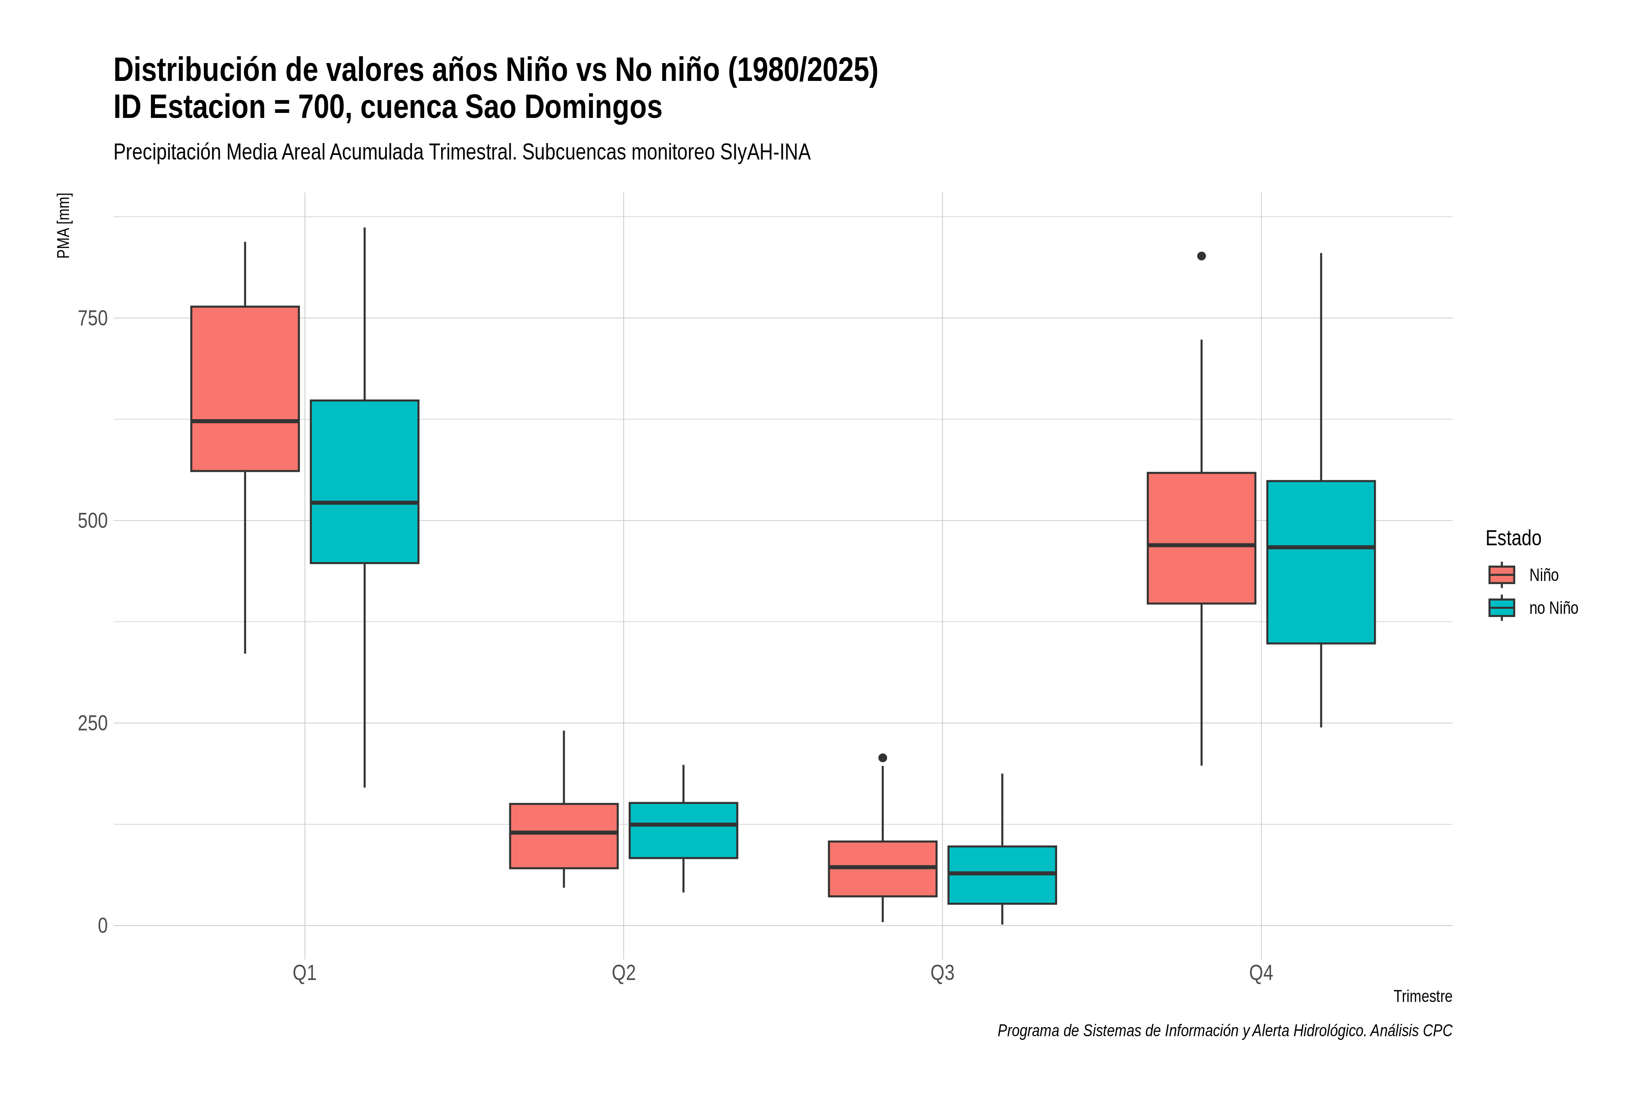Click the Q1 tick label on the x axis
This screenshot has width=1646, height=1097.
305,973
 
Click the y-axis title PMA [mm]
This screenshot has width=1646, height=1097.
64,225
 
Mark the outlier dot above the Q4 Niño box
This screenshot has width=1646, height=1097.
1201,256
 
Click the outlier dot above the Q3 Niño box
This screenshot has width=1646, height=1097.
882,758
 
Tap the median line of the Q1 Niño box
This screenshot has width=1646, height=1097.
245,421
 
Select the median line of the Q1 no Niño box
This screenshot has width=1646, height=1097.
364,502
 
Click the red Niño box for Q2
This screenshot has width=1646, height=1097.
564,836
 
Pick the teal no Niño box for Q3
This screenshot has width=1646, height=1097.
1002,875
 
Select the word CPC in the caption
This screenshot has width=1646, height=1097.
1438,1031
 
